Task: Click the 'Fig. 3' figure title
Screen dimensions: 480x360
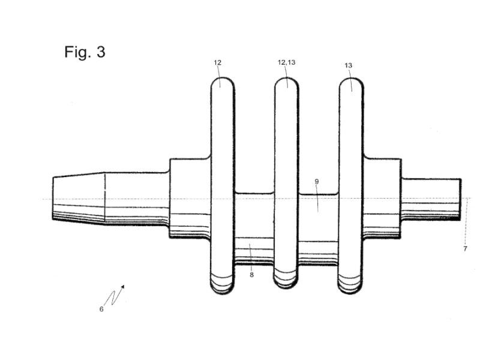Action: pyautogui.click(x=85, y=52)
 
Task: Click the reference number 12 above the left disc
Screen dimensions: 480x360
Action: pyautogui.click(x=217, y=62)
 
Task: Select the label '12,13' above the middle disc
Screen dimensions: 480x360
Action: pyautogui.click(x=287, y=62)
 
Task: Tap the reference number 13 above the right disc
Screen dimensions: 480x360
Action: pyautogui.click(x=349, y=65)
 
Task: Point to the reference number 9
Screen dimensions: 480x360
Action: pyautogui.click(x=317, y=182)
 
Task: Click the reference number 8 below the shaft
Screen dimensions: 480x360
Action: pyautogui.click(x=251, y=275)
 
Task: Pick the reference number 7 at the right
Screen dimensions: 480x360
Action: pyautogui.click(x=465, y=248)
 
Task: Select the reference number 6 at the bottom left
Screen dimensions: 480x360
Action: pyautogui.click(x=101, y=309)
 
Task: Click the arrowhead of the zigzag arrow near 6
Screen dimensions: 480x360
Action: pyautogui.click(x=123, y=287)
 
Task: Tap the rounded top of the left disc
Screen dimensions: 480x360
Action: pyautogui.click(x=223, y=83)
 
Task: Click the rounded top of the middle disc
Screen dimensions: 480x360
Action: pyautogui.click(x=286, y=83)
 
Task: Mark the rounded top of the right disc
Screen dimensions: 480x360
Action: pyautogui.click(x=352, y=83)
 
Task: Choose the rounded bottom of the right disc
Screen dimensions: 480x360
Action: pyautogui.click(x=350, y=283)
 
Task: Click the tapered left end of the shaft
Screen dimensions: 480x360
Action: pyautogui.click(x=79, y=198)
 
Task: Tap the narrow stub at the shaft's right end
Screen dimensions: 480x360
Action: pyautogui.click(x=431, y=199)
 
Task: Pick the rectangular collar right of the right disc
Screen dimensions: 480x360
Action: pyautogui.click(x=382, y=198)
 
